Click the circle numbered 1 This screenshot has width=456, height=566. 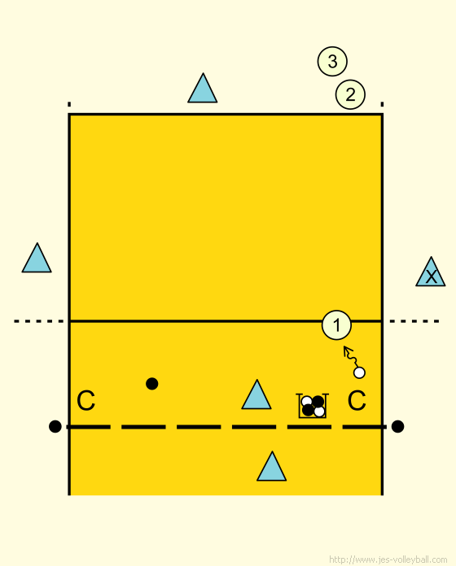336,324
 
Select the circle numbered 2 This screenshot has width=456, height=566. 350,94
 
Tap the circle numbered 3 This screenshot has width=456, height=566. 332,61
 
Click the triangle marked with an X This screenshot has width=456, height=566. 430,272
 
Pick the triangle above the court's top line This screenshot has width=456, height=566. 203,89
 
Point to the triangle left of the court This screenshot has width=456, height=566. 37,258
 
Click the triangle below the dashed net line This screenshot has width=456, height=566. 272,466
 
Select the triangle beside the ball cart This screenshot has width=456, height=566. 256,395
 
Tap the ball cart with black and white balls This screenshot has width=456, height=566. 312,406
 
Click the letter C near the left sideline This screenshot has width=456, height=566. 86,400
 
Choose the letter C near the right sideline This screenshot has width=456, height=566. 357,400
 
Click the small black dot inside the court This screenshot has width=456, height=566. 152,384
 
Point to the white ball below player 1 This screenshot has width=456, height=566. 359,372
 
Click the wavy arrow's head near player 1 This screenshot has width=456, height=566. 346,349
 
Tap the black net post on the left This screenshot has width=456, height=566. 55,426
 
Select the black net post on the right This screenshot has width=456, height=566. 397,426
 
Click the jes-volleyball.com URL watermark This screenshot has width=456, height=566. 388,559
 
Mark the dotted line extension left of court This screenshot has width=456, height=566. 39,321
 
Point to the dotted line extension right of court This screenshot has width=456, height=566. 414,321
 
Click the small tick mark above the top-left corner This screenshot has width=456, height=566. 69,105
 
